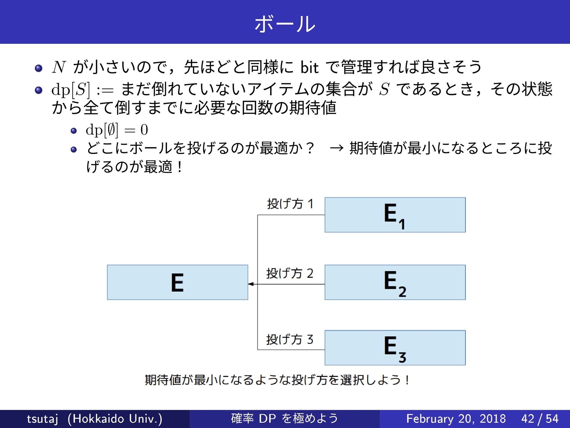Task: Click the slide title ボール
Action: (x=285, y=24)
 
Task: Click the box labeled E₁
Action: (x=395, y=215)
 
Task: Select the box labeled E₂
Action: (x=395, y=282)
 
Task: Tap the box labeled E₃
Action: (x=395, y=348)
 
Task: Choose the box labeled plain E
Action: (x=178, y=282)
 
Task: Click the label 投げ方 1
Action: (x=290, y=204)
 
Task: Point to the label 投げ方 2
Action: (x=290, y=273)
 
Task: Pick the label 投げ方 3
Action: (x=290, y=339)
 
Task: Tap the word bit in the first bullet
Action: (x=309, y=67)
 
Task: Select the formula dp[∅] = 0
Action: (x=117, y=130)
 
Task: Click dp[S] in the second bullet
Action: (x=70, y=89)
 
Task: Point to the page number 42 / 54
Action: (x=540, y=419)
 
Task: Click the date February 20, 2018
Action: (x=456, y=419)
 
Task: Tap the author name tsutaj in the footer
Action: (x=42, y=419)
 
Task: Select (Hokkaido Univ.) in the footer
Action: (x=115, y=419)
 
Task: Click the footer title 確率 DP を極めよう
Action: (x=284, y=418)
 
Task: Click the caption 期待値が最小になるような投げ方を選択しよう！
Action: (x=277, y=380)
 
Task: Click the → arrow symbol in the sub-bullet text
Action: (x=337, y=148)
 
